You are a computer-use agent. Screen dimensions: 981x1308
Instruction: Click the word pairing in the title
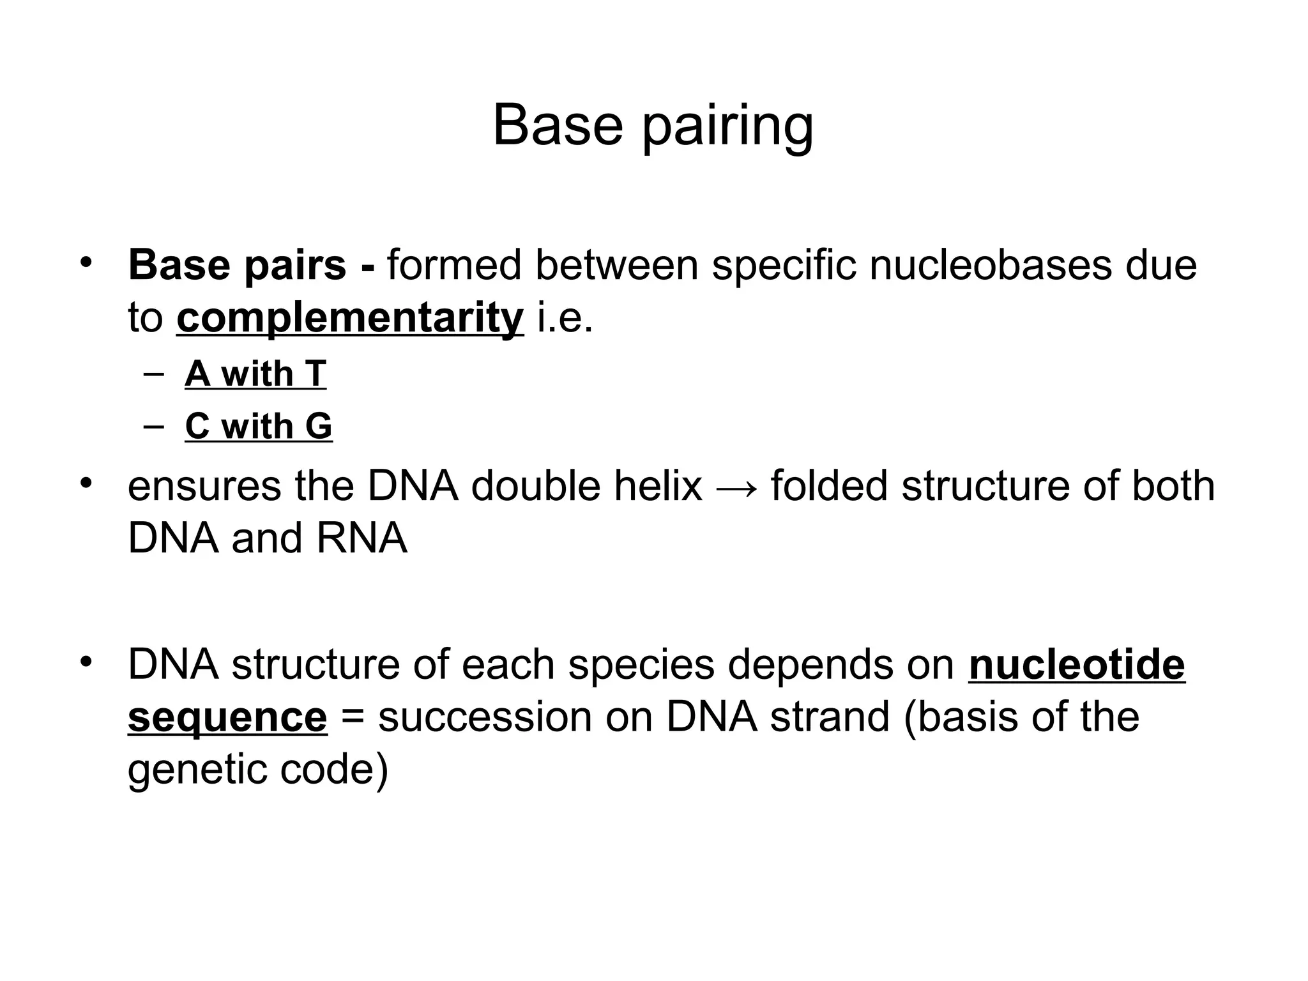727,126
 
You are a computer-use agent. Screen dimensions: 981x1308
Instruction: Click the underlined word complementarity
350,317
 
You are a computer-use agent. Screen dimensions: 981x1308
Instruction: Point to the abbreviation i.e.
565,317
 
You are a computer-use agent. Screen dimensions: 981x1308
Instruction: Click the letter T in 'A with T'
316,374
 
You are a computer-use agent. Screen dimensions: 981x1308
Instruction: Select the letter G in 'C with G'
319,426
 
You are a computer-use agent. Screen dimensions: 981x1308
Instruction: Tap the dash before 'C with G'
154,425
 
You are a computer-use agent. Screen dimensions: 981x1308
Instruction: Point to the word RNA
361,538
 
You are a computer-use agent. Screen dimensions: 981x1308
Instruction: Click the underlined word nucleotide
1077,664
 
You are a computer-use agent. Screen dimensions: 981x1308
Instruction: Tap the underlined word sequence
227,717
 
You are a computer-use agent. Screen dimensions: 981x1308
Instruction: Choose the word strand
830,717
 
